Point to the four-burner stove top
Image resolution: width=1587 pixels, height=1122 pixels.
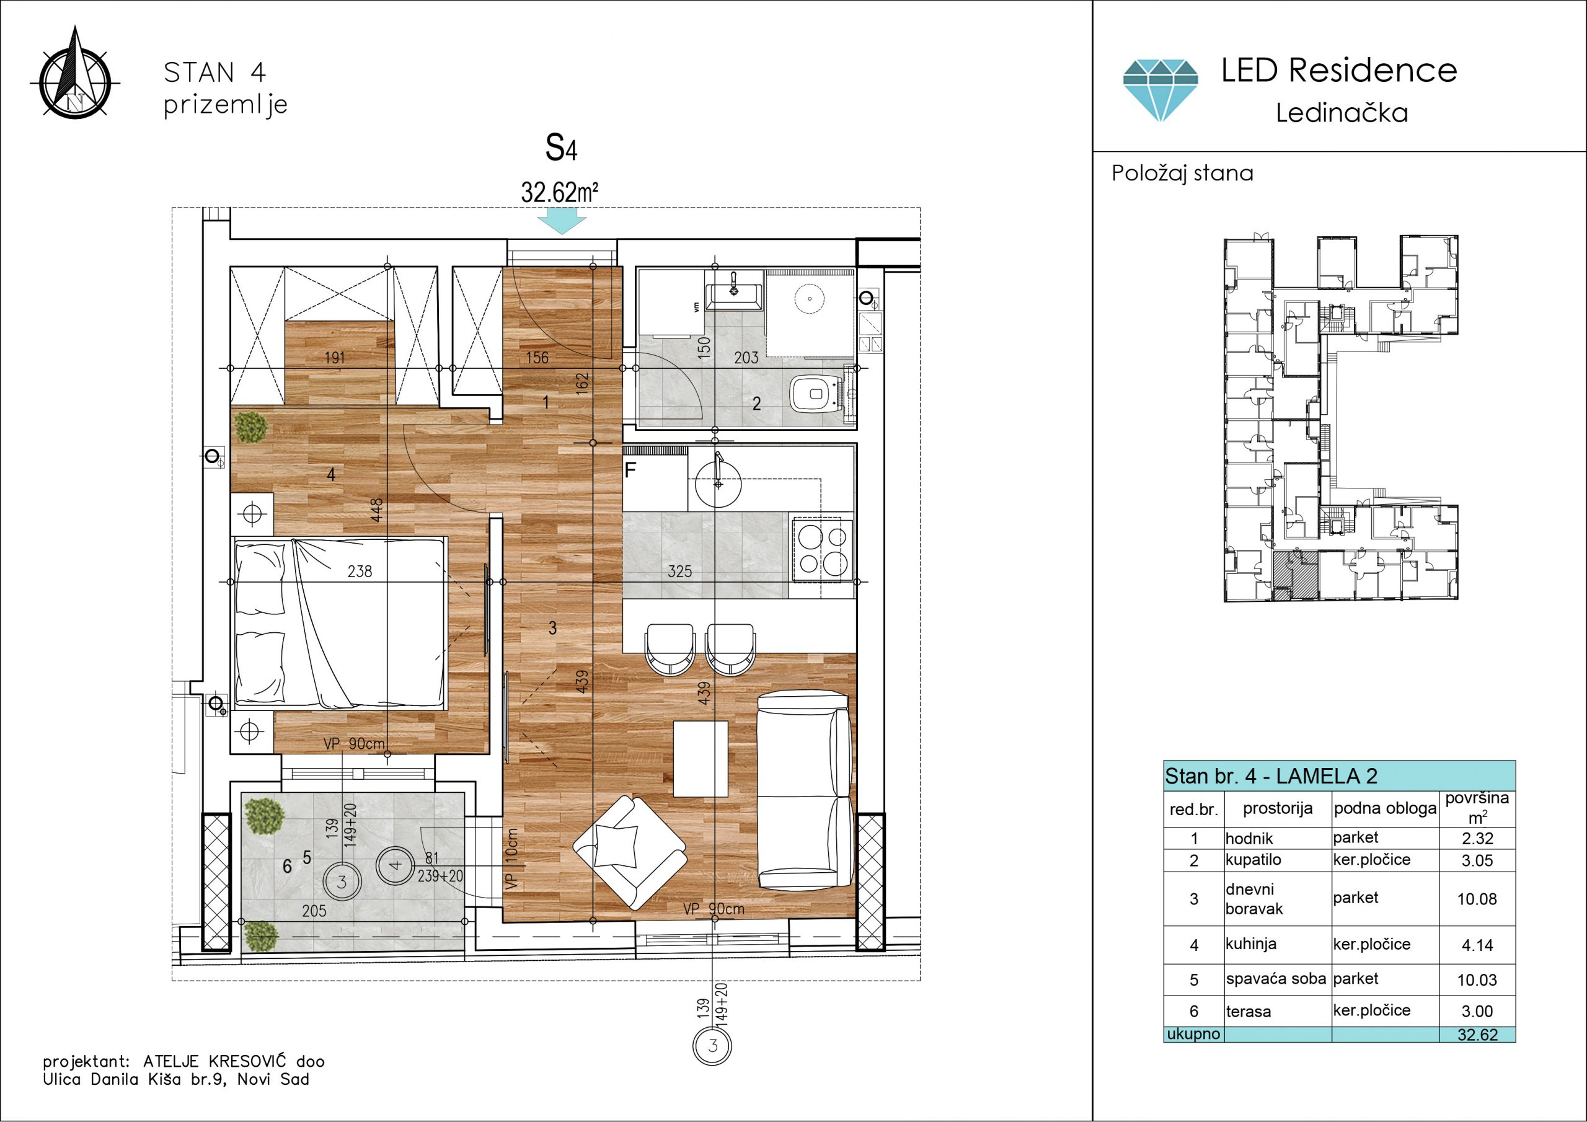coord(823,550)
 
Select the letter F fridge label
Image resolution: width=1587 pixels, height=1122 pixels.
coord(630,470)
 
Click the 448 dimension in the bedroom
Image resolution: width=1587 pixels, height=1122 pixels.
coord(376,510)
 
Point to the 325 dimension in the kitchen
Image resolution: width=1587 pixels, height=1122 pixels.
coord(679,571)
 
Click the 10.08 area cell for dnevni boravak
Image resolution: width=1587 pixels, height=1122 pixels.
coord(1477,899)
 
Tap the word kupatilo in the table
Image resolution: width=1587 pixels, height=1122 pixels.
coord(1253,859)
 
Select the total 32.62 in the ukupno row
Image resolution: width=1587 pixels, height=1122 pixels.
coord(1477,1035)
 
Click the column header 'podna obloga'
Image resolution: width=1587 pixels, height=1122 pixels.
coord(1385,808)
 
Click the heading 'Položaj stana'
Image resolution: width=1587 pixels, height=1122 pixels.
coord(1182,174)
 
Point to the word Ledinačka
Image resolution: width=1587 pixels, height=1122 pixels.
coord(1342,113)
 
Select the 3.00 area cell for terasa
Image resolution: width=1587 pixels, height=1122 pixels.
coord(1477,1010)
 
